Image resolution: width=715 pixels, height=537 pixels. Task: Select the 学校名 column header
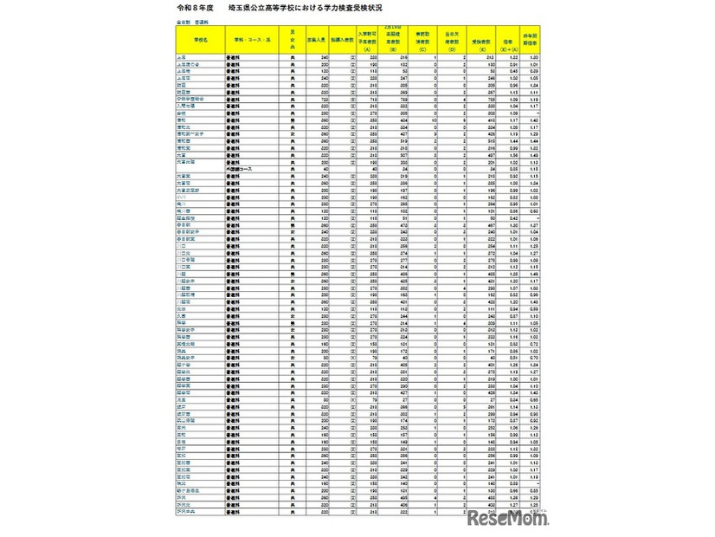(199, 40)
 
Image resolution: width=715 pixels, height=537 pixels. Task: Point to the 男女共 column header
(294, 40)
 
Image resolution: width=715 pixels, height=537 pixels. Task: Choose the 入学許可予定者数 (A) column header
(381, 40)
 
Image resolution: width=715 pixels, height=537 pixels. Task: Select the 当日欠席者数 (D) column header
(478, 40)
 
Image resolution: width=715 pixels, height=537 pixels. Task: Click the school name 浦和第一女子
(191, 134)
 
